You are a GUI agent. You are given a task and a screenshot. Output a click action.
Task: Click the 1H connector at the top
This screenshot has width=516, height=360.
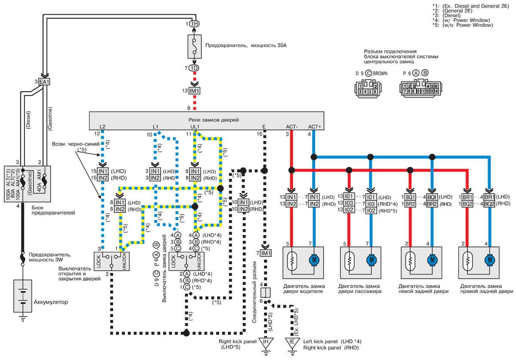[x=194, y=24]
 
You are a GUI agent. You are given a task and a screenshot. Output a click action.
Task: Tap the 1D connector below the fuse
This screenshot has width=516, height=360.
[x=194, y=68]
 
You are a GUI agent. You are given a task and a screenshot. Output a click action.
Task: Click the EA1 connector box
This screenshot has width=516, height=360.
[x=44, y=81]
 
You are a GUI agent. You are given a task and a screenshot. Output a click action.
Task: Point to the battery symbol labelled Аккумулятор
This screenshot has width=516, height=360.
[x=22, y=297]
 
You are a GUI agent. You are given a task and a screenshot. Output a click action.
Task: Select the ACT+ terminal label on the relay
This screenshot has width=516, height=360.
[x=315, y=127]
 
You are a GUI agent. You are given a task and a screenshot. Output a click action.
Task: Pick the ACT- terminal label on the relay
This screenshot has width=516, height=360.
[x=292, y=127]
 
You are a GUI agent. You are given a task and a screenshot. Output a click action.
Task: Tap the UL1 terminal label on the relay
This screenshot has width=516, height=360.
[x=195, y=127]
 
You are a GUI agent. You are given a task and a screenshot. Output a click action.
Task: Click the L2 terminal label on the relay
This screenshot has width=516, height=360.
[x=102, y=127]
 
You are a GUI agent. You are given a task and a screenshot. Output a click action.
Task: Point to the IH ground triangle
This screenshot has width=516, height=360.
[x=267, y=342]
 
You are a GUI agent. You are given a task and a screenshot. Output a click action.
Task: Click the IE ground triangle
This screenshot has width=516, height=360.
[x=292, y=342]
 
